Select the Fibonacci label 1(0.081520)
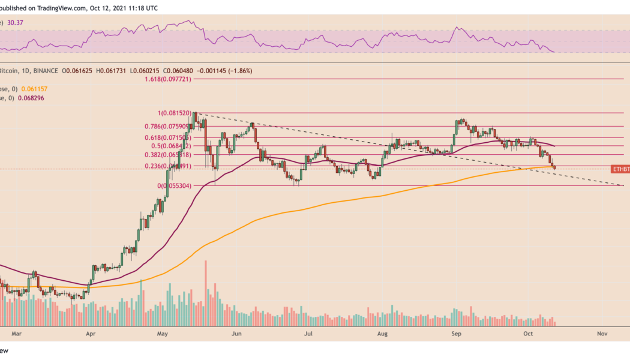pyautogui.click(x=174, y=113)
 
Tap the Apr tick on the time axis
pyautogui.click(x=91, y=331)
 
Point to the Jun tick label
pyautogui.click(x=236, y=331)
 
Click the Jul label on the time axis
pyautogui.click(x=308, y=331)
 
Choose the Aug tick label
pyautogui.click(x=382, y=331)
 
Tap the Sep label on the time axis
pyautogui.click(x=455, y=331)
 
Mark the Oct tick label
pyautogui.click(x=528, y=331)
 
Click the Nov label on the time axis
pyautogui.click(x=602, y=331)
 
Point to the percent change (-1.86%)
pyautogui.click(x=237, y=71)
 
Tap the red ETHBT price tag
pyautogui.click(x=620, y=169)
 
